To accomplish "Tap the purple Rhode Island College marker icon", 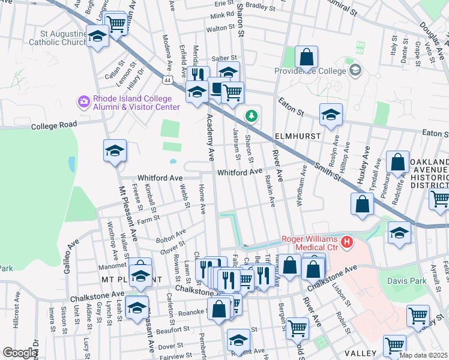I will point(83,103).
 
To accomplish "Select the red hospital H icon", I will point(346,242).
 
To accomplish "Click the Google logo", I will point(20,353).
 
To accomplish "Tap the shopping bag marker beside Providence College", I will point(307,58).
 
